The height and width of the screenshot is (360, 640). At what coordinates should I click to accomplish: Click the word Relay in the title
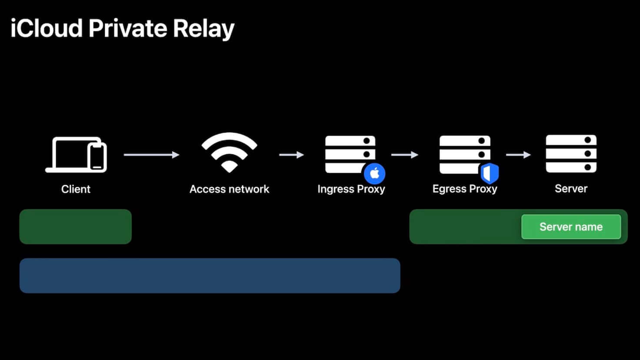click(203, 29)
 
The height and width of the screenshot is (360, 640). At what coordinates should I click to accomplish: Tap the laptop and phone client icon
click(76, 155)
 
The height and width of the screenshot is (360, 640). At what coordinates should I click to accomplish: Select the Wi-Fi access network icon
click(229, 152)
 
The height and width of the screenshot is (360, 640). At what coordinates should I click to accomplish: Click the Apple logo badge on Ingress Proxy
click(374, 173)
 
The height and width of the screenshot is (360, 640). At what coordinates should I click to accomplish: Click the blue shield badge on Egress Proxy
click(490, 173)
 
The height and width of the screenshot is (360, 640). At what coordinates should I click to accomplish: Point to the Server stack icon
click(571, 153)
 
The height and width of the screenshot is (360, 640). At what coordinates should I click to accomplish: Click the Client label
click(76, 189)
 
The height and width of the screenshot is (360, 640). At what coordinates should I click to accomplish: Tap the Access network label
click(229, 189)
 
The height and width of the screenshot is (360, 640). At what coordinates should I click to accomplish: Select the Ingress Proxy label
click(351, 189)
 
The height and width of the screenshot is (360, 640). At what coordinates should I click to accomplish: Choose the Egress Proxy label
click(464, 189)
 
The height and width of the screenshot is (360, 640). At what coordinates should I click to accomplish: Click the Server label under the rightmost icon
click(571, 189)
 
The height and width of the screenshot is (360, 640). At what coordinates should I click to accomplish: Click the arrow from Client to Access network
click(151, 155)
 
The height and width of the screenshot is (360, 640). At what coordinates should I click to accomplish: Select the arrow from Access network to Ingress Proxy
click(291, 155)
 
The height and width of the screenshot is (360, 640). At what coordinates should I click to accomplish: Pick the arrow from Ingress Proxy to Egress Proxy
click(404, 155)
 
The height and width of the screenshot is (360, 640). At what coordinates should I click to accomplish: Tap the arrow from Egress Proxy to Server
click(518, 155)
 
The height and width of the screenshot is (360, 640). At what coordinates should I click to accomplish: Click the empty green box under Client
click(76, 227)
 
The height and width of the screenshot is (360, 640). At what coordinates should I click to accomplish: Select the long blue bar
click(210, 276)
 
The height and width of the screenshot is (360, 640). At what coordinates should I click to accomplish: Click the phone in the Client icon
click(97, 157)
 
